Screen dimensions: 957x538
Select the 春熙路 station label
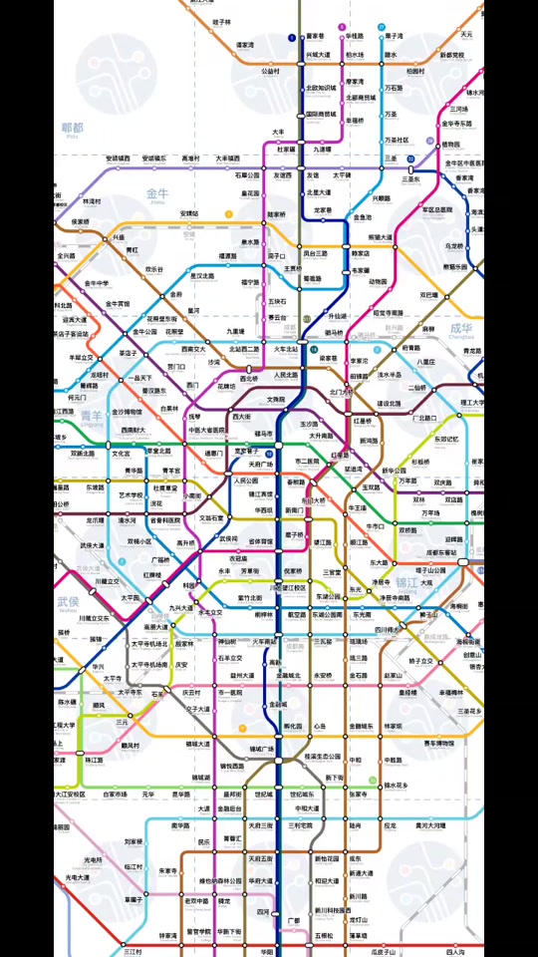coord(296,481)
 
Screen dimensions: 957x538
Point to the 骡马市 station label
coord(263,434)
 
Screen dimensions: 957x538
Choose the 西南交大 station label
coord(193,349)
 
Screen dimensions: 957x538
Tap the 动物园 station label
coord(378,281)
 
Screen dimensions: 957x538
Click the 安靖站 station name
coord(189,213)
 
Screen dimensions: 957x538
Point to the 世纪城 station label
coord(263,794)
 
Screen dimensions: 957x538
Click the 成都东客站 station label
coord(442,551)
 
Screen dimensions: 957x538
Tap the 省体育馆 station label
coord(261,541)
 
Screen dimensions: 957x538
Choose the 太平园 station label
coord(131,598)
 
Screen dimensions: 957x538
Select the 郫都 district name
coord(73,129)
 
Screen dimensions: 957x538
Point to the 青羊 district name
coord(92,415)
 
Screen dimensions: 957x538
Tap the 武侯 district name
coord(68,602)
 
